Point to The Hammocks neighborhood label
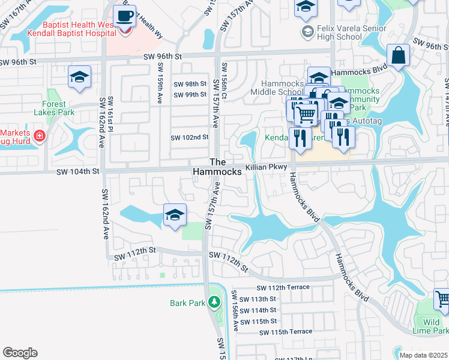[217, 167]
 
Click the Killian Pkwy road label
[268, 169]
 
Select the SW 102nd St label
[189, 137]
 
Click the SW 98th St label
[190, 84]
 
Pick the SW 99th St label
[190, 95]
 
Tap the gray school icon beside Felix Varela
[308, 31]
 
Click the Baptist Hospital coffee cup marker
[125, 16]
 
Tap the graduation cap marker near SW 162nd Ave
[79, 77]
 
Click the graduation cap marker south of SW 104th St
[175, 215]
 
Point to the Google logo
[20, 352]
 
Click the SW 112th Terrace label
[283, 287]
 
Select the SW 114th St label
[258, 310]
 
